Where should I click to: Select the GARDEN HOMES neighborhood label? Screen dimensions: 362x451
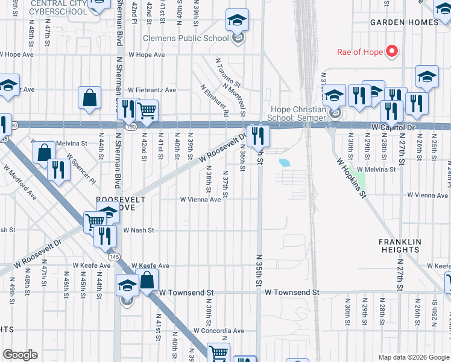[x=404, y=22]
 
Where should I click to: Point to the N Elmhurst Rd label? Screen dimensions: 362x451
[x=216, y=100]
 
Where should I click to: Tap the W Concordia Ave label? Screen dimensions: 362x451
[x=219, y=331]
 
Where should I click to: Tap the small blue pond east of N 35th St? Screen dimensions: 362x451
[x=284, y=162]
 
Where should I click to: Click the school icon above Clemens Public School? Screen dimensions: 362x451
[x=238, y=20]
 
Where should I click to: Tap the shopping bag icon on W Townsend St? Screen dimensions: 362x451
[x=147, y=280]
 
